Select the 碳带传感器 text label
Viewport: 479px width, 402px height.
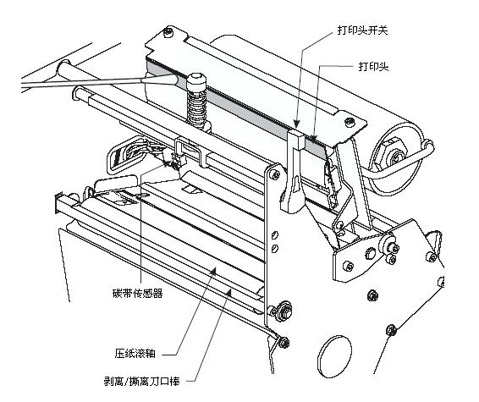[139, 295]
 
